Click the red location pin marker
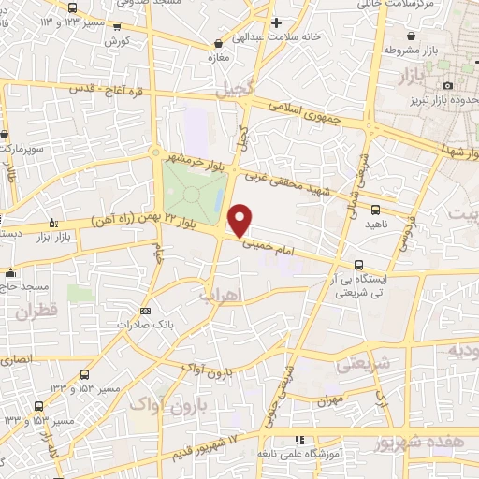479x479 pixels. tap(240, 220)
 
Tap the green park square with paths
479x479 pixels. tap(193, 193)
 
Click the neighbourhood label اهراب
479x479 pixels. tap(219, 296)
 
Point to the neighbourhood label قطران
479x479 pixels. tap(36, 309)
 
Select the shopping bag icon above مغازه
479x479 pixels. tap(219, 42)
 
